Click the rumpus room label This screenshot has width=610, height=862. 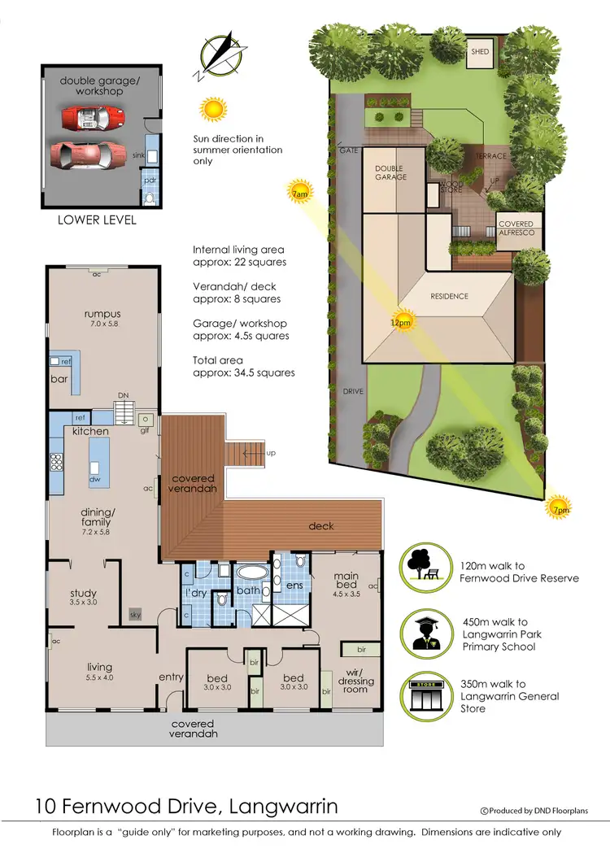pos(102,314)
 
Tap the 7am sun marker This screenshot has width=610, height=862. pos(299,193)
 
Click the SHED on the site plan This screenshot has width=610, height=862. pos(480,52)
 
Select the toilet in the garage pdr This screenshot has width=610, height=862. pos(149,197)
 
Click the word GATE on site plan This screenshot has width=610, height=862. pos(349,151)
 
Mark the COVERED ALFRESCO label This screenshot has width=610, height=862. pos(516,229)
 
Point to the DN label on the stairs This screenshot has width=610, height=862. pos(124,396)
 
